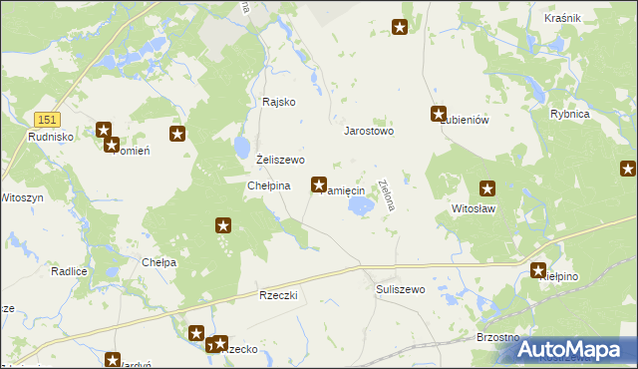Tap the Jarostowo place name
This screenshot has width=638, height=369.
[x=369, y=131]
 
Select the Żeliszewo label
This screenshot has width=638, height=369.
[x=280, y=160]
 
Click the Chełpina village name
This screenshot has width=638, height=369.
[x=268, y=185]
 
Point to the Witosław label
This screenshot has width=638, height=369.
[x=474, y=209]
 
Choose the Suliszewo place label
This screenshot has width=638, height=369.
[x=401, y=289]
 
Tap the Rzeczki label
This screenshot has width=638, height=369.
[x=279, y=296]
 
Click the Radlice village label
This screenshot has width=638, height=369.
[x=69, y=271]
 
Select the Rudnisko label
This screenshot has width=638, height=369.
[x=47, y=137]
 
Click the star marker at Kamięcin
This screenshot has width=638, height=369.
[x=319, y=184]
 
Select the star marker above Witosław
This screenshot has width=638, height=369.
[x=487, y=187]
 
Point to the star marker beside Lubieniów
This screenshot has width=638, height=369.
[x=438, y=114]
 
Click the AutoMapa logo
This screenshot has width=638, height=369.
[x=572, y=349]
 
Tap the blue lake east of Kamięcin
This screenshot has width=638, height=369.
[x=361, y=205]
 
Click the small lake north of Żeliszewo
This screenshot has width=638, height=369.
[x=242, y=148]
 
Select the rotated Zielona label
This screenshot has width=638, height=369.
[x=388, y=195]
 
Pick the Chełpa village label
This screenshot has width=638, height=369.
[x=159, y=262]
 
